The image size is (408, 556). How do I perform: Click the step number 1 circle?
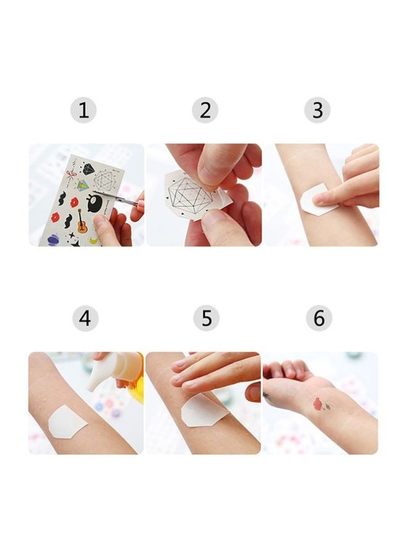83,111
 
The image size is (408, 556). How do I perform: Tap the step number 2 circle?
205,111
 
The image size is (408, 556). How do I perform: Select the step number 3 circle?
317,111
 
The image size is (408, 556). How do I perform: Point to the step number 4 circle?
85,319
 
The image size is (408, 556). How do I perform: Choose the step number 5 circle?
206,319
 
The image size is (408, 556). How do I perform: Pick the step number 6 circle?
319,319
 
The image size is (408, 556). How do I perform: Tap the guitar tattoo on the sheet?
81,221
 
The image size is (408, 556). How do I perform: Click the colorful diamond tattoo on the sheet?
82,185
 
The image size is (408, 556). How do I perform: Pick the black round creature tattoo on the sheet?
95,202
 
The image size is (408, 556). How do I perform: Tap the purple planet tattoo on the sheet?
54,238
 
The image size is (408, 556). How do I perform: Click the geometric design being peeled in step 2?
189,192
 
